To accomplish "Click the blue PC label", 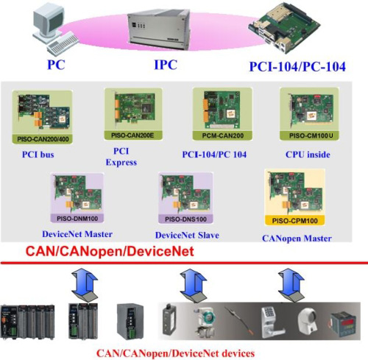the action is coord(56,65).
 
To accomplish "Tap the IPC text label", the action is coord(166,65).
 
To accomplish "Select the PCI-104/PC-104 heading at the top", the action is coord(297,66).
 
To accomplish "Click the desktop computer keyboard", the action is coord(63,45).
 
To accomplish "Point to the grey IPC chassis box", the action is coord(159,29).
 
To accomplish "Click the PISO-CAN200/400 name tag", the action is coord(43,139).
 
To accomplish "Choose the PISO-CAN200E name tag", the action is coord(132,135).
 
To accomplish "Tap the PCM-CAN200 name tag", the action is coord(223,135).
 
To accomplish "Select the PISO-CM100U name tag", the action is coord(310,135).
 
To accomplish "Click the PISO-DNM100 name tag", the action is coord(77,219).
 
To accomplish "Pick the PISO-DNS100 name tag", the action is coord(185,219).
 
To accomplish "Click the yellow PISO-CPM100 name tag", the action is coord(295,221).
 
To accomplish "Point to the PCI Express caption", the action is coord(121,157).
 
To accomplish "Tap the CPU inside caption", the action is coord(308,155).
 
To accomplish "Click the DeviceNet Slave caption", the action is coord(187,235).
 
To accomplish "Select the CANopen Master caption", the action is coord(297,239).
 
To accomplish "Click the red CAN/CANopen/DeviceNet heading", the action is coord(110,251).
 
